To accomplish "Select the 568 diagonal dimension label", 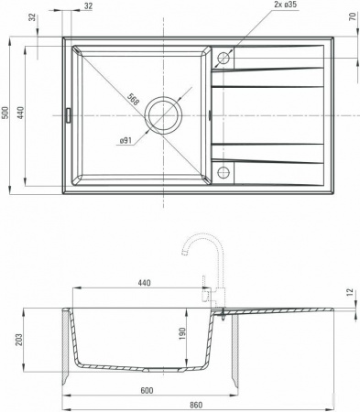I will tap(135, 100).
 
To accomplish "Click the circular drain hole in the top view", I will tap(166, 114).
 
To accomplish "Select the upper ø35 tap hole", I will tap(223, 59).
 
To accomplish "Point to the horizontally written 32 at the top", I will tap(88, 5).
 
